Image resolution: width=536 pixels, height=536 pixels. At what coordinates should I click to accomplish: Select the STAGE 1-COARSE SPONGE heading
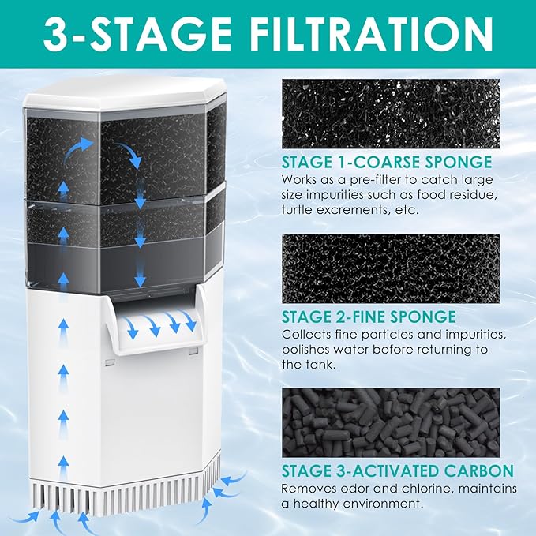point(387,163)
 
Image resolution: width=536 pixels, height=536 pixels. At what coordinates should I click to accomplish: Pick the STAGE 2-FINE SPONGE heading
point(369,317)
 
